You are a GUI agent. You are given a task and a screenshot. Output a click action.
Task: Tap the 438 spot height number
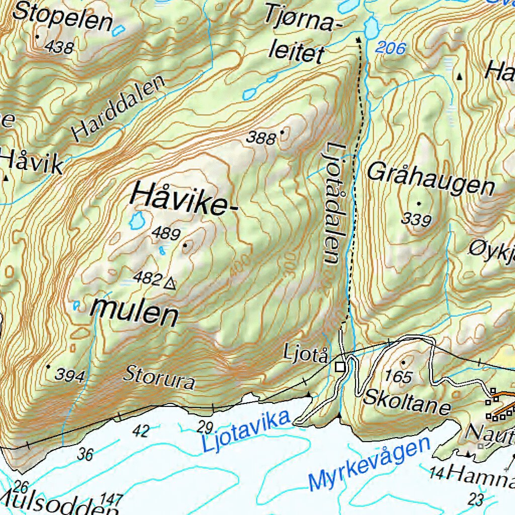coord(59,47)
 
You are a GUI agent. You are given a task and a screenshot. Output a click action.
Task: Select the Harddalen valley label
coord(119,109)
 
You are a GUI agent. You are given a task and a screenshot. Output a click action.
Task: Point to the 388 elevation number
coord(262,138)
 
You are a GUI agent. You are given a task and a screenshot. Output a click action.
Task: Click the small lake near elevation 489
coord(136,220)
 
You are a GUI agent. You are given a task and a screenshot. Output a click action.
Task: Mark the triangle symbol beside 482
coord(170,284)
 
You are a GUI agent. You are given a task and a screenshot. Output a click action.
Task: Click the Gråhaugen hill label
coord(431,179)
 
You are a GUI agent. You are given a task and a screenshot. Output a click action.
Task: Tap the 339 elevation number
coord(416,219)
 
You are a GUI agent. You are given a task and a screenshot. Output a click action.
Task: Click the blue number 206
coord(391,49)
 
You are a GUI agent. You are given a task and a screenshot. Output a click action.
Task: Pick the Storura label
coord(159,378)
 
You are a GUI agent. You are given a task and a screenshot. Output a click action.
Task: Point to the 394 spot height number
coord(70,375)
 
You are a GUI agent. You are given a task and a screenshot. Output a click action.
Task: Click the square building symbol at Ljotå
coord(340,367)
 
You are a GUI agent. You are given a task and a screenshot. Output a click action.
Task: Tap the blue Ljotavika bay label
coord(246,431)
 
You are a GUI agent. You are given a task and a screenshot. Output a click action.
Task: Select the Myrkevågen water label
coord(370,465)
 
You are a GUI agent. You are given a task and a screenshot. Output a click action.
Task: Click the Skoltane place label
coord(406,400)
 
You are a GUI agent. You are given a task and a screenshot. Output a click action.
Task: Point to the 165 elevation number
coord(399,377)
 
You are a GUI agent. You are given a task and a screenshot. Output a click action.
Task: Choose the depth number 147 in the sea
coord(111,499)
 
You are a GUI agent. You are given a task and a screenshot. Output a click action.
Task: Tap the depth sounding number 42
coord(141,431)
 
